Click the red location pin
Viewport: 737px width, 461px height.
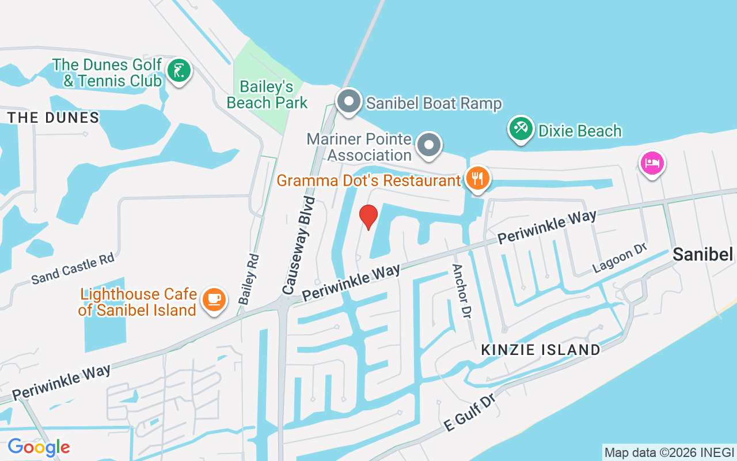click(368, 217)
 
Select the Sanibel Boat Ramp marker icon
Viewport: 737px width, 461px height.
click(348, 102)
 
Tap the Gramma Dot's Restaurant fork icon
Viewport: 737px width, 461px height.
click(477, 178)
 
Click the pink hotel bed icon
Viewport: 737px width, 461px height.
click(652, 163)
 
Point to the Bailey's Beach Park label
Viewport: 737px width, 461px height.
click(267, 95)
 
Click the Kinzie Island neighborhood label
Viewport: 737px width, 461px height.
click(540, 349)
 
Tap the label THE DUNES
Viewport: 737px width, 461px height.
click(54, 118)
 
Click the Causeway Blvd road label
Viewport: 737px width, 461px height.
click(299, 245)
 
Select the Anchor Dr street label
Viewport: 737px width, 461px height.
click(462, 290)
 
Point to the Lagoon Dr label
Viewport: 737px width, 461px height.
click(620, 258)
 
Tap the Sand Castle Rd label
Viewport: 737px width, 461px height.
click(73, 269)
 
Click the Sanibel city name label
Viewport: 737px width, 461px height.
click(702, 254)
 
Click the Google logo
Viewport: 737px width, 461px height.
click(39, 447)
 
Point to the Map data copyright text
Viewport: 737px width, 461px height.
click(669, 452)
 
